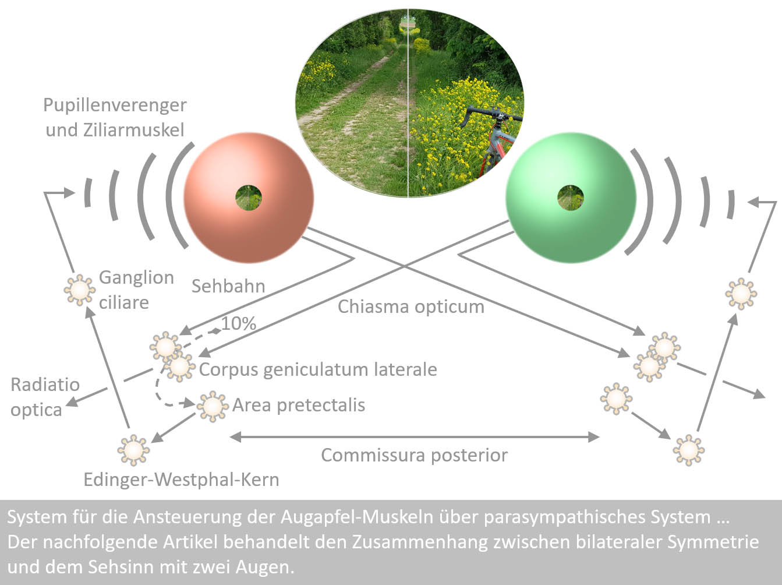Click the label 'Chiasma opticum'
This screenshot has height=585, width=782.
411,306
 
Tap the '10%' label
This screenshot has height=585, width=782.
239,323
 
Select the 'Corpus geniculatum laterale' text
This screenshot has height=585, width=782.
318,369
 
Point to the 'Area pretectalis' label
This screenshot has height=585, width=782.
299,405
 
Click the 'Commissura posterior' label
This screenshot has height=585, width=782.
414,455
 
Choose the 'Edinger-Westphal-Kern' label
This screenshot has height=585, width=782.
181,480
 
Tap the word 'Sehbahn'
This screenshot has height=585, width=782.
228,286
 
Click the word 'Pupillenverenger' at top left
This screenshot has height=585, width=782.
115,105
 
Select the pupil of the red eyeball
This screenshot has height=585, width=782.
249,198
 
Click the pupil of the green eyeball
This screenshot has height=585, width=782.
571,198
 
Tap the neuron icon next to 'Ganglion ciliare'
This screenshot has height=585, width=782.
79,289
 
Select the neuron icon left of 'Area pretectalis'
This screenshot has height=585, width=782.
213,406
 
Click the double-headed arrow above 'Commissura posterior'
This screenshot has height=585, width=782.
415,436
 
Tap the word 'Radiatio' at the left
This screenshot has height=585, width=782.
45,385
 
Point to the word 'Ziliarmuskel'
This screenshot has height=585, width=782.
115,130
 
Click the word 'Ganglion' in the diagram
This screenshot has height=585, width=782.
136,277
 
